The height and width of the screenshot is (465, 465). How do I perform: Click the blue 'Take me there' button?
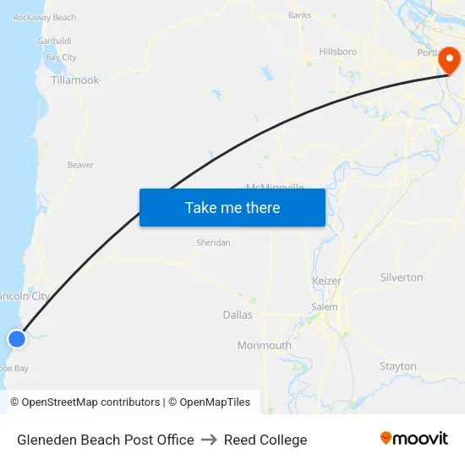[x=232, y=207]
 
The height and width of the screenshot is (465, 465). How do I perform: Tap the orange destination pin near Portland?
[x=448, y=61]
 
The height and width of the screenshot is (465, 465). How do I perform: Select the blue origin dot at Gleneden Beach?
[x=17, y=339]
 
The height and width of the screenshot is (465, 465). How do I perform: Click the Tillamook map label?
[x=75, y=80]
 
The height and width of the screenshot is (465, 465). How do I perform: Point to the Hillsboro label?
[x=337, y=52]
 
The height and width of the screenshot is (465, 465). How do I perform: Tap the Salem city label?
[x=325, y=307]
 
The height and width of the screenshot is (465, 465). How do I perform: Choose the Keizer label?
[x=325, y=280]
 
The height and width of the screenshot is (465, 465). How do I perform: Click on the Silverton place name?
[x=402, y=277]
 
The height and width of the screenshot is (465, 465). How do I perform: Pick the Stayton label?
[x=397, y=366]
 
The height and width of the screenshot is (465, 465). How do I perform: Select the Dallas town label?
[x=238, y=315]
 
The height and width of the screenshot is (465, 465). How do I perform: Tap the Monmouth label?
[x=264, y=345]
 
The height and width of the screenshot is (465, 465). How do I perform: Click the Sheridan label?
[x=213, y=243]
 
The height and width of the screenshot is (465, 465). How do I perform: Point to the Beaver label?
[x=80, y=165]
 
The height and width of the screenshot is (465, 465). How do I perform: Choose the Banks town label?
[x=299, y=15]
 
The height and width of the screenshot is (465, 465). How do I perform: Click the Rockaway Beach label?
[x=45, y=17]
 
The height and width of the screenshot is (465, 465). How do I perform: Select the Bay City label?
[x=61, y=57]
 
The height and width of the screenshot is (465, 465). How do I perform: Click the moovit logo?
[x=414, y=438]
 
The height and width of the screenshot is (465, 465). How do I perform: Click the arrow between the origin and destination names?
[x=209, y=440]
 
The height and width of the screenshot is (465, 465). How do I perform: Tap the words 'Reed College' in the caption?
[x=265, y=440]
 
